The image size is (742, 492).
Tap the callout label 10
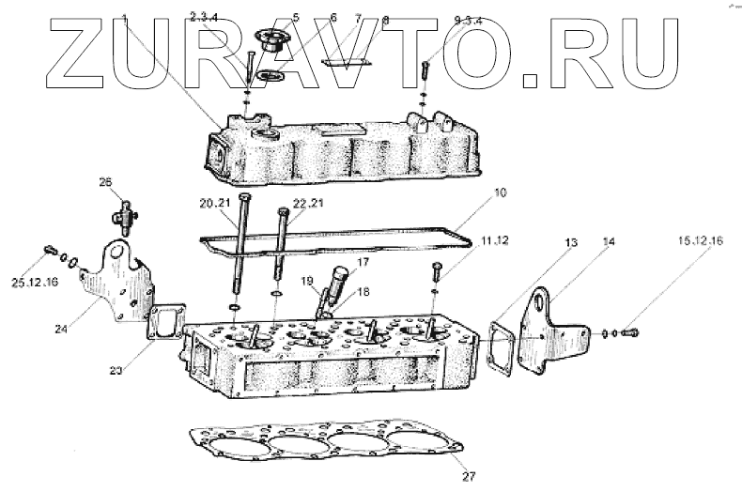[x=501, y=192]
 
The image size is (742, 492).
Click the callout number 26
[x=105, y=181]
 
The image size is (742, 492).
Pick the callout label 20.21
[x=215, y=203]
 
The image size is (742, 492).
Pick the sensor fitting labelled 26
[x=122, y=215]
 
